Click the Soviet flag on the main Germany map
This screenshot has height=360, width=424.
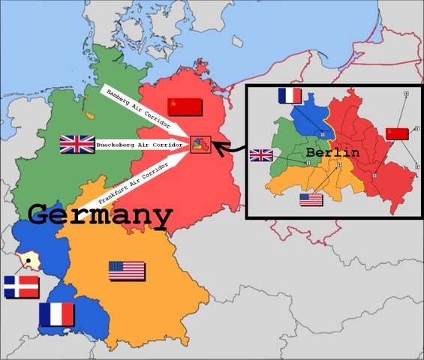(x=185, y=106)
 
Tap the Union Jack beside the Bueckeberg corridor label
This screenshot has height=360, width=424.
(x=77, y=144)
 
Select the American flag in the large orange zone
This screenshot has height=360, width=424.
(x=127, y=271)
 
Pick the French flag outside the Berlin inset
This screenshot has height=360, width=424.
(x=56, y=314)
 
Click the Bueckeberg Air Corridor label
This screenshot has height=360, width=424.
(x=142, y=144)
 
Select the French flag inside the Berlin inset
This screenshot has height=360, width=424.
(x=289, y=96)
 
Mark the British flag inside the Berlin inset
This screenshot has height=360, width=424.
(x=261, y=155)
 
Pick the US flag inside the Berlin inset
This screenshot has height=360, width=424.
(x=311, y=199)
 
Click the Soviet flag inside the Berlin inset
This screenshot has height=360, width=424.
(x=397, y=133)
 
